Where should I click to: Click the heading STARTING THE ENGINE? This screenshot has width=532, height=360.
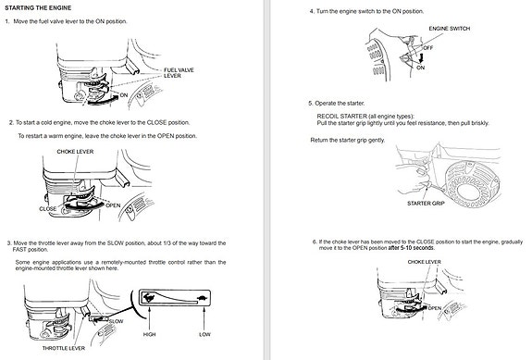pos(38,7)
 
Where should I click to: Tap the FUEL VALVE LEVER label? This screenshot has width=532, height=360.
pos(179,72)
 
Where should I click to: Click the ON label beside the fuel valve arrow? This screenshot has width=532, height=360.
pos(124,95)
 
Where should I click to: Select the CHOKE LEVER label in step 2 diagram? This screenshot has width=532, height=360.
pos(75,152)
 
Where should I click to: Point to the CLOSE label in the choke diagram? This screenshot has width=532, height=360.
pos(48,208)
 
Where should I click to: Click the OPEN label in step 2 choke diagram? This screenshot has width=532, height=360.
pos(113,205)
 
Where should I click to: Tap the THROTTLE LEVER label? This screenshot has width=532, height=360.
pos(64,348)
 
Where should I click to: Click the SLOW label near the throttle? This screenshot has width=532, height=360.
pos(116,321)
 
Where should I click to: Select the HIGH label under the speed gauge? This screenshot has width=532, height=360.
pos(149,334)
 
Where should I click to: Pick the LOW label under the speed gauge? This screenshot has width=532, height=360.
pos(204,334)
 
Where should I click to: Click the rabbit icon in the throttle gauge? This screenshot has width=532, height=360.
pos(148,298)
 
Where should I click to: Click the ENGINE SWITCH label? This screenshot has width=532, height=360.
pos(450,29)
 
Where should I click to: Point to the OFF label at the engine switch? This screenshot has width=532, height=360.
pos(427,48)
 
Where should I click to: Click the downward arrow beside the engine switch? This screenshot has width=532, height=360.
pos(421,57)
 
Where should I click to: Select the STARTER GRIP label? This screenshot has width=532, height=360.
pos(426,204)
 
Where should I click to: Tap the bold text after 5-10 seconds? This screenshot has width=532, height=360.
pos(411,248)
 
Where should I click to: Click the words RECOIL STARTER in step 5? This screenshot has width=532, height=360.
pos(342,116)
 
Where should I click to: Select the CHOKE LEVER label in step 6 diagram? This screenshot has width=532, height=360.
pos(424,262)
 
